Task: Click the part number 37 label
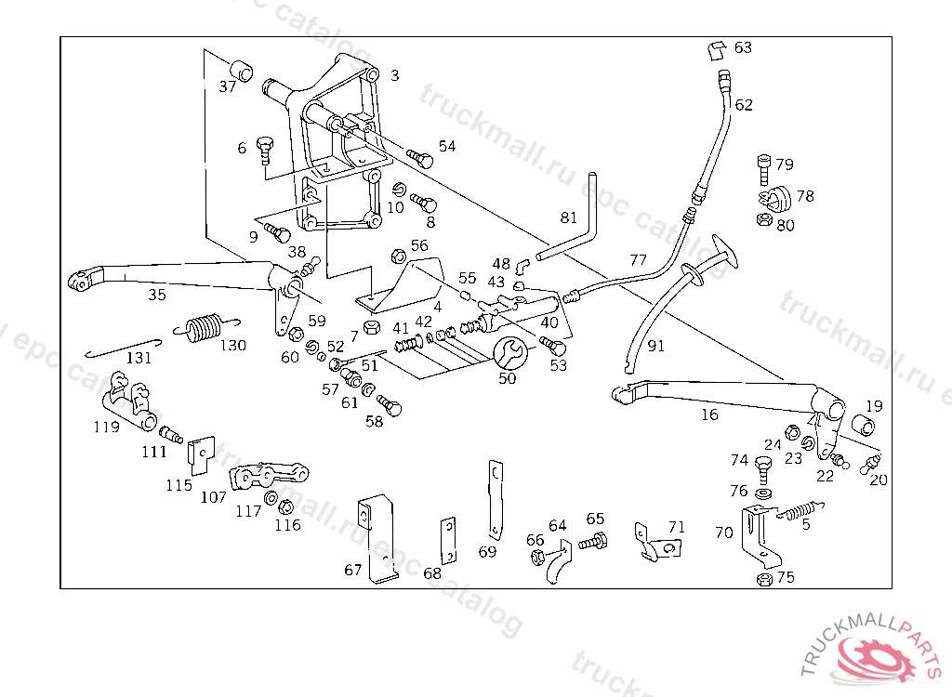click(228, 87)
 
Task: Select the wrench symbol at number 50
click(509, 353)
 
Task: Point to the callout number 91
click(656, 347)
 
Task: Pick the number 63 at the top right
click(743, 47)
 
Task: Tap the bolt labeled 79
click(763, 166)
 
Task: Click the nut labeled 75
click(763, 578)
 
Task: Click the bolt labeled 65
click(592, 541)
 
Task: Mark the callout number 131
click(139, 358)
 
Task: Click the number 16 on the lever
click(709, 414)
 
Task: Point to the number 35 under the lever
click(157, 296)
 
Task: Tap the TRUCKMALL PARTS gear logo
click(879, 654)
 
